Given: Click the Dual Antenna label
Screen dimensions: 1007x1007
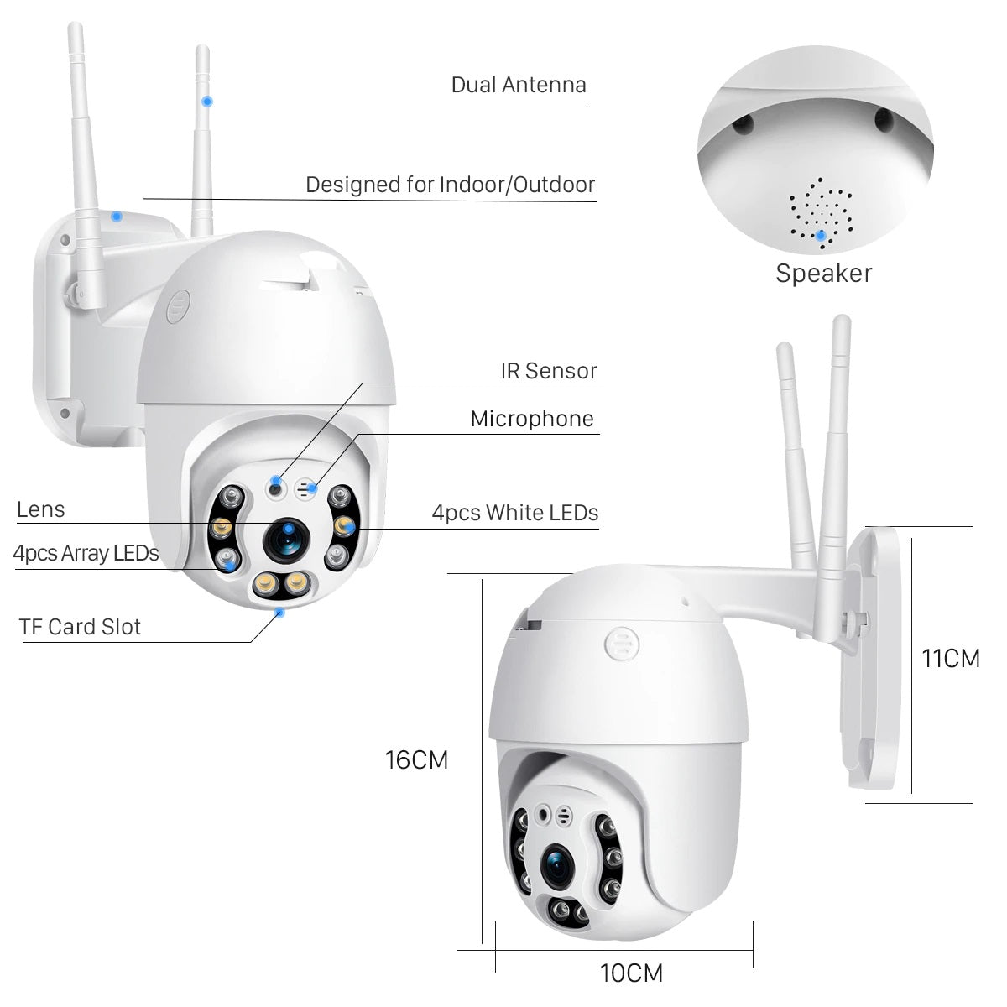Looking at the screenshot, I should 518,85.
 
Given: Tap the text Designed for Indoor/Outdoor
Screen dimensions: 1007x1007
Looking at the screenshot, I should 450,185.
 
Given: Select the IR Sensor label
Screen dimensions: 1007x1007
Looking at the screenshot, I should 549,371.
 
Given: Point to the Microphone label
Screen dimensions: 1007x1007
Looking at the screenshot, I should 532,419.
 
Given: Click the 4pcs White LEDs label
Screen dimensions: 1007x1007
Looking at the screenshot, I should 515,513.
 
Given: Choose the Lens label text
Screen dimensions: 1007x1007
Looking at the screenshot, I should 40,509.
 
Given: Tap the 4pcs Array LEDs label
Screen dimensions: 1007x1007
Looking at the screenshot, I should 86,554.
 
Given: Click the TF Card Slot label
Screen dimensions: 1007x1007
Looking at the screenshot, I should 81,627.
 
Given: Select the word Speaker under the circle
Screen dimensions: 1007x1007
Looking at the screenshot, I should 823,274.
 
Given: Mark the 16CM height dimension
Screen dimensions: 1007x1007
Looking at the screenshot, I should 416,760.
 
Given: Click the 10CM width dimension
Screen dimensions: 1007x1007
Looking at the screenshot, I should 631,973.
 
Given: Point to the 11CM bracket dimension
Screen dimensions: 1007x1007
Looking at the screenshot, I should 950,659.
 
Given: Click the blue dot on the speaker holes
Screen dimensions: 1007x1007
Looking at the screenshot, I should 821,235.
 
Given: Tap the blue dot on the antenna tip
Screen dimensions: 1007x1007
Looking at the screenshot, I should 206,102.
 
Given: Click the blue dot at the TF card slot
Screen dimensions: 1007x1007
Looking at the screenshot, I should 279,613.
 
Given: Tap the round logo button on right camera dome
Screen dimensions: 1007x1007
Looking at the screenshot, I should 619,647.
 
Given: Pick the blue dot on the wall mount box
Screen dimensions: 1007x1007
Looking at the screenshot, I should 117,216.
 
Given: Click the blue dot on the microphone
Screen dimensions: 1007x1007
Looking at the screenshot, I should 312,487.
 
